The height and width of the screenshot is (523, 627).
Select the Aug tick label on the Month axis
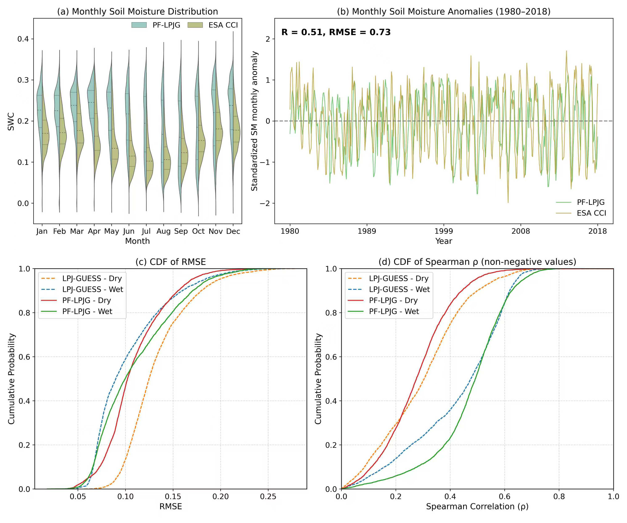pyautogui.click(x=164, y=231)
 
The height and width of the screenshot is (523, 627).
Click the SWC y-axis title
pyautogui.click(x=11, y=121)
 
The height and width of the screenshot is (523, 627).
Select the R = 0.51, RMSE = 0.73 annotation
pyautogui.click(x=336, y=32)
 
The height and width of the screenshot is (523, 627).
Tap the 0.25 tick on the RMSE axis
pyautogui.click(x=268, y=497)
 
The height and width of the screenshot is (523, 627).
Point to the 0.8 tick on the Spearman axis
pyautogui.click(x=559, y=497)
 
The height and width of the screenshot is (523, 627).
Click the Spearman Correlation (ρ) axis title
pyautogui.click(x=477, y=507)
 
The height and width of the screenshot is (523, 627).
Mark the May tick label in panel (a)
pyautogui.click(x=111, y=231)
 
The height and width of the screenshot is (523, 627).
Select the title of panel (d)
pyautogui.click(x=477, y=262)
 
